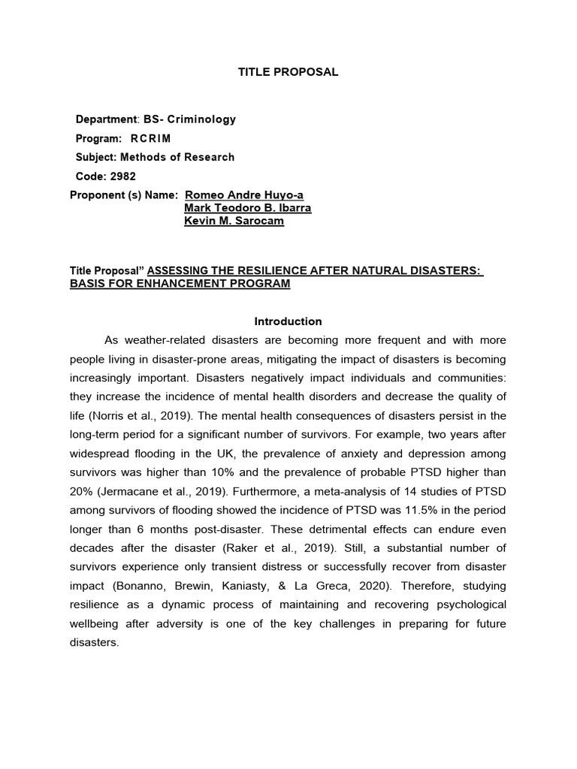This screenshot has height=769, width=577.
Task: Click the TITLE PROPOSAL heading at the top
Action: [288, 72]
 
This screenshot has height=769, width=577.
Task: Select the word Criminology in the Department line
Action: [204, 119]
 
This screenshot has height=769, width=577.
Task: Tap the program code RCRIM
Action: [150, 138]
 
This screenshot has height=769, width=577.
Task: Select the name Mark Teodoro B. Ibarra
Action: [247, 208]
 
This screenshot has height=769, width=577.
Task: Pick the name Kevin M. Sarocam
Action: [234, 221]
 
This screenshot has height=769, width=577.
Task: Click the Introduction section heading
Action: [288, 321]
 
